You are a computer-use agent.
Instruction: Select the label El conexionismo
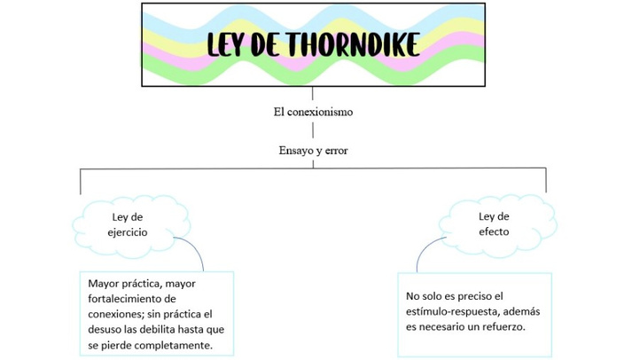[313, 112]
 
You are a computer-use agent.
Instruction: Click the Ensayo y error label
[313, 151]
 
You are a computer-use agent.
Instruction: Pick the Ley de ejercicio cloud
[131, 226]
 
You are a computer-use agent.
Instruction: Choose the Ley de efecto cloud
[497, 225]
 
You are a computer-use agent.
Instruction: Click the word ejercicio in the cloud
[128, 232]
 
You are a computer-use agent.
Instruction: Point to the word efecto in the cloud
[494, 231]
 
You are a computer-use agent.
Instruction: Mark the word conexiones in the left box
[116, 314]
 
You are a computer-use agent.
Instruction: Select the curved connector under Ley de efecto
[425, 249]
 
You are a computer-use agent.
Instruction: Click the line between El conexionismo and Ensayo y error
[313, 130]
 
